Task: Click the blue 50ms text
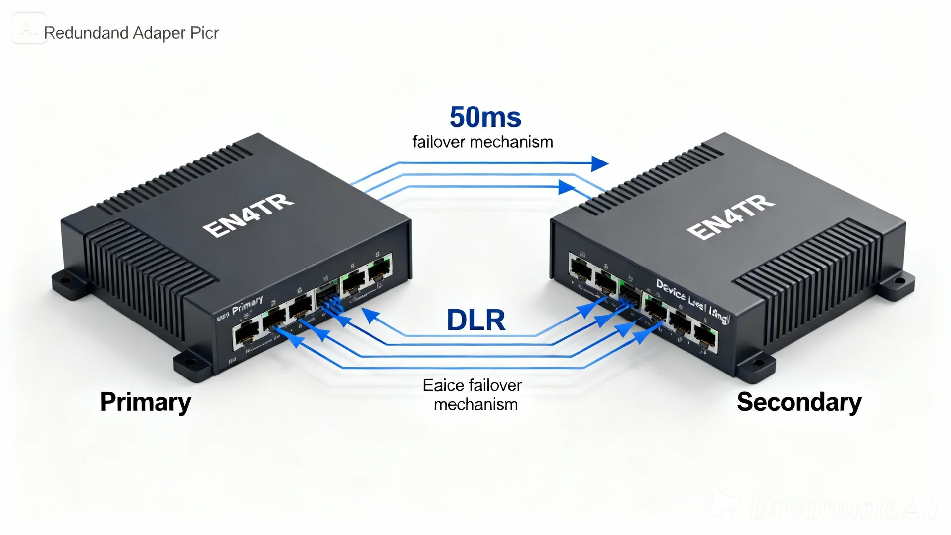pos(485,117)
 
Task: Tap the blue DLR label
pos(475,320)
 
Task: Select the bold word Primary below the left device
pos(145,402)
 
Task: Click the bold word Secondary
pos(799,402)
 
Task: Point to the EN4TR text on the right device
pos(731,216)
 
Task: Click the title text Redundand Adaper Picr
pos(131,33)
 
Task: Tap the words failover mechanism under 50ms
pos(482,142)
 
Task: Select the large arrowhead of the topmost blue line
pos(599,163)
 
